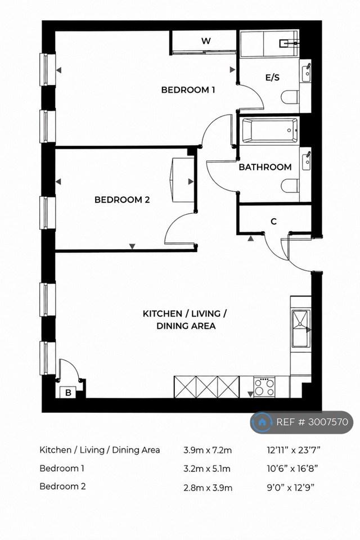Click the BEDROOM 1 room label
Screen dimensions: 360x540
pos(188,90)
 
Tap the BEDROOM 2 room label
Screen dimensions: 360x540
pos(122,200)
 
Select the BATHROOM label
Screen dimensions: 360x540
pos(265,167)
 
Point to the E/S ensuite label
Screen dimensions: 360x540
pos(272,78)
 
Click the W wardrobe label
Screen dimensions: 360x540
pos(206,41)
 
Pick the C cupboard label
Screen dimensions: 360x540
pos(273,222)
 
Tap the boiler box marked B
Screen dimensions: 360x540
pos(68,392)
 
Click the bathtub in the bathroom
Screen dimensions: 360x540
pos(270,130)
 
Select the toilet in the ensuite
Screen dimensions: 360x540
pos(290,97)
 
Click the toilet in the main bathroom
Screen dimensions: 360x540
pos(290,186)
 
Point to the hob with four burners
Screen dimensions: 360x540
pos(264,387)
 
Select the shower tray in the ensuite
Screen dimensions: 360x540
pos(269,44)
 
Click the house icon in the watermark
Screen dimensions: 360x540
pos(262,422)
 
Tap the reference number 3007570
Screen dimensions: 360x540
pos(328,422)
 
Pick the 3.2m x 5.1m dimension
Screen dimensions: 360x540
pos(207,469)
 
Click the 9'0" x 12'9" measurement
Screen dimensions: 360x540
pos(291,487)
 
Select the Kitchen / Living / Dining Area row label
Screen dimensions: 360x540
pos(100,450)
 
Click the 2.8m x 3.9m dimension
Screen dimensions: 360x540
pos(208,487)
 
